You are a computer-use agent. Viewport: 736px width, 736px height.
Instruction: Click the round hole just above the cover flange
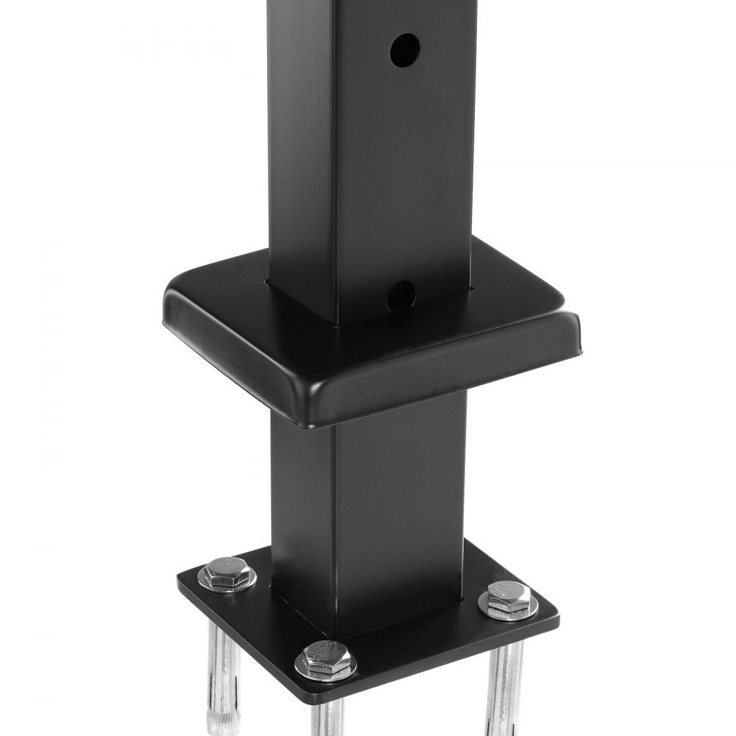click(401, 296)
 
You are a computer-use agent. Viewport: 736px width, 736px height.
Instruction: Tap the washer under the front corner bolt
click(325, 666)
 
